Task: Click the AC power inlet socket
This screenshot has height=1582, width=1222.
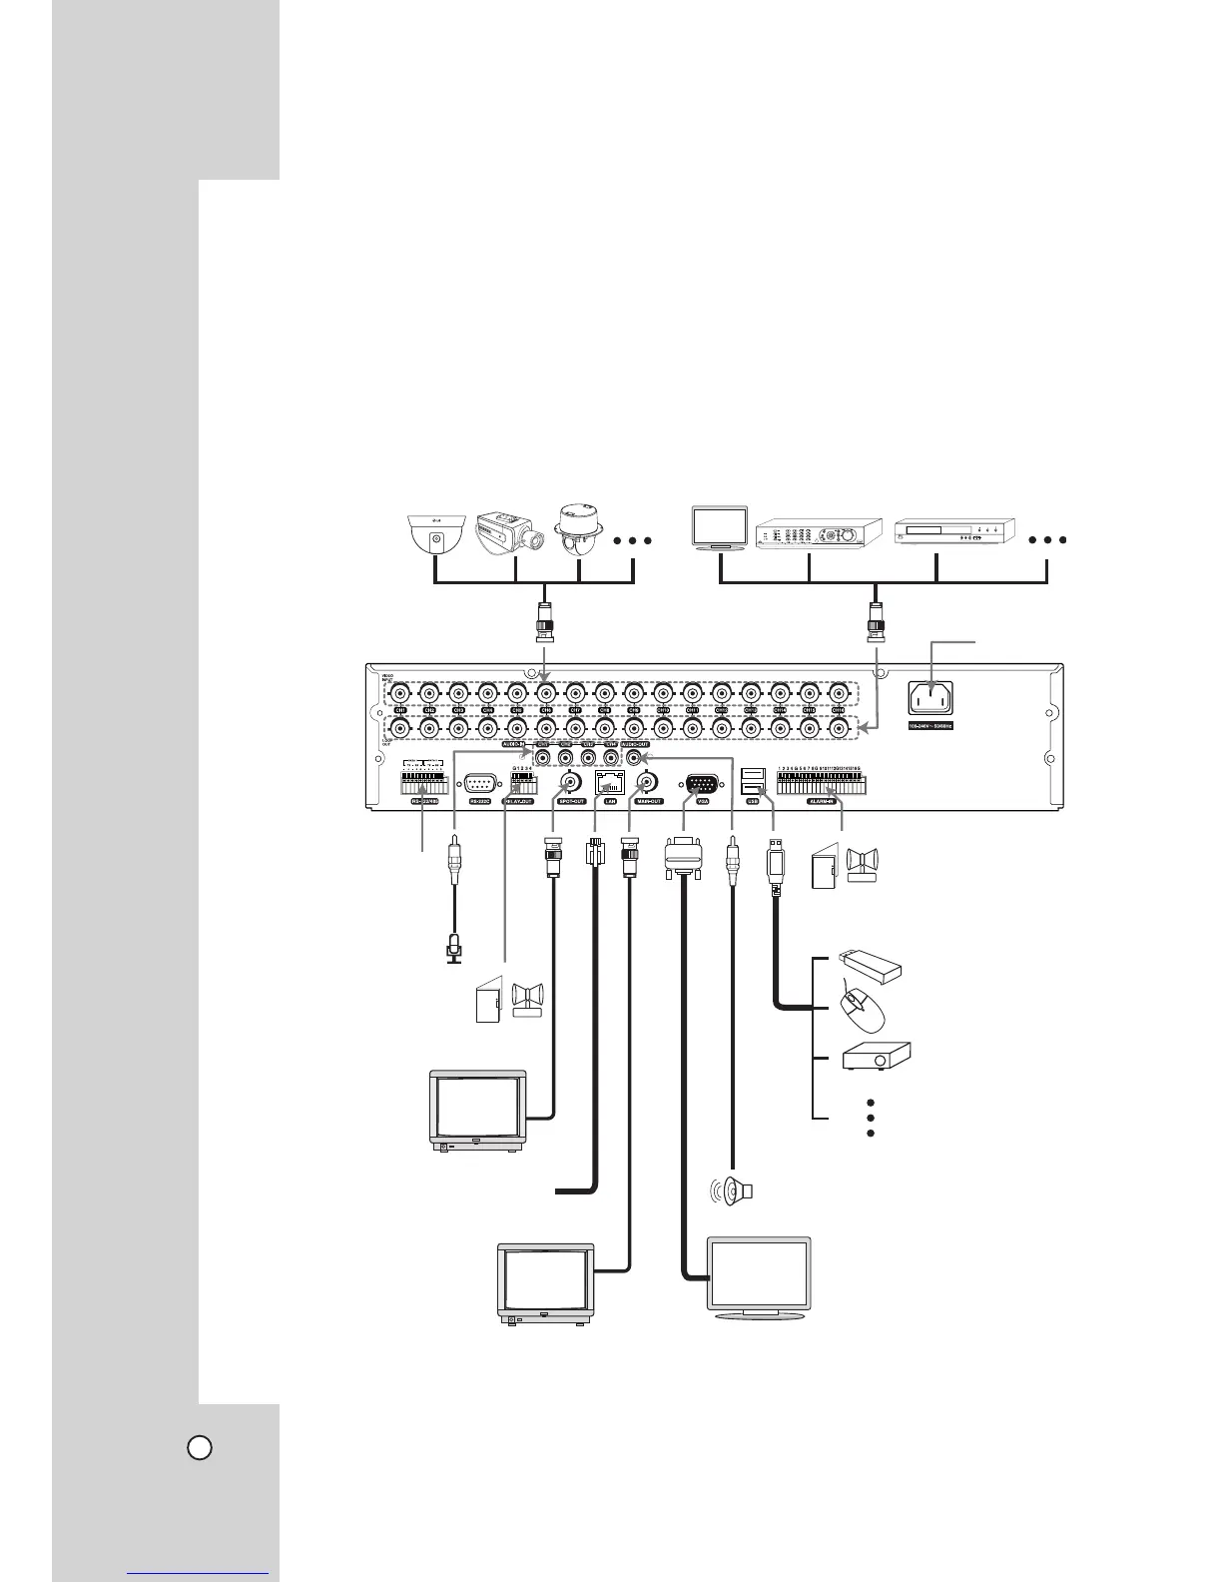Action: tap(929, 695)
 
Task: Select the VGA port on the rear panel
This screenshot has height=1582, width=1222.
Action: tap(700, 783)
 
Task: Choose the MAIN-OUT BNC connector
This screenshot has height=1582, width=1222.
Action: tap(646, 781)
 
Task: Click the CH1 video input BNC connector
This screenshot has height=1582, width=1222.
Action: tap(399, 692)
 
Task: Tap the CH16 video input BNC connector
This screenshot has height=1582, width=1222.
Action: tap(840, 692)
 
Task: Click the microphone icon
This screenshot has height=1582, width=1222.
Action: tap(454, 945)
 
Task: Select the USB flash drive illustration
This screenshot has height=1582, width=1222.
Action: tap(872, 963)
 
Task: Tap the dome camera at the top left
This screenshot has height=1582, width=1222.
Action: tap(434, 533)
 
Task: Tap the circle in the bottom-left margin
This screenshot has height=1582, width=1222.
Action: tap(201, 1447)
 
